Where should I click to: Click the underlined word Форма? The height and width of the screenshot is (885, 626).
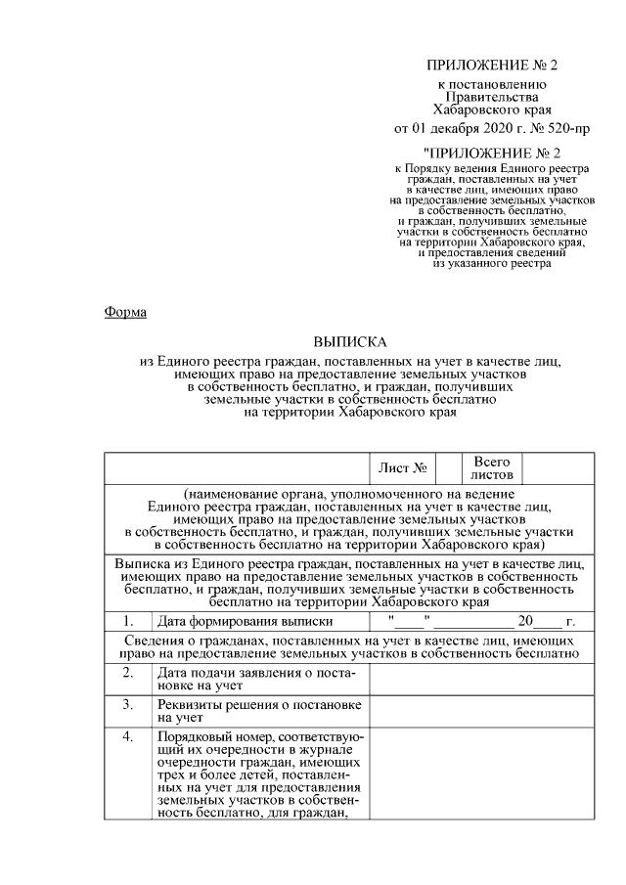pyautogui.click(x=125, y=312)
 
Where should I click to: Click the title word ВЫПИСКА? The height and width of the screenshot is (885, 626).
pyautogui.click(x=350, y=342)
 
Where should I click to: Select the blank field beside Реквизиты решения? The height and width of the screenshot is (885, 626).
pyautogui.click(x=478, y=711)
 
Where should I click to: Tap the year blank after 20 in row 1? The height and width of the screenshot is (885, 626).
pyautogui.click(x=550, y=621)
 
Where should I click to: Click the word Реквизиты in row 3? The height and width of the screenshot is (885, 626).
pyautogui.click(x=188, y=705)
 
